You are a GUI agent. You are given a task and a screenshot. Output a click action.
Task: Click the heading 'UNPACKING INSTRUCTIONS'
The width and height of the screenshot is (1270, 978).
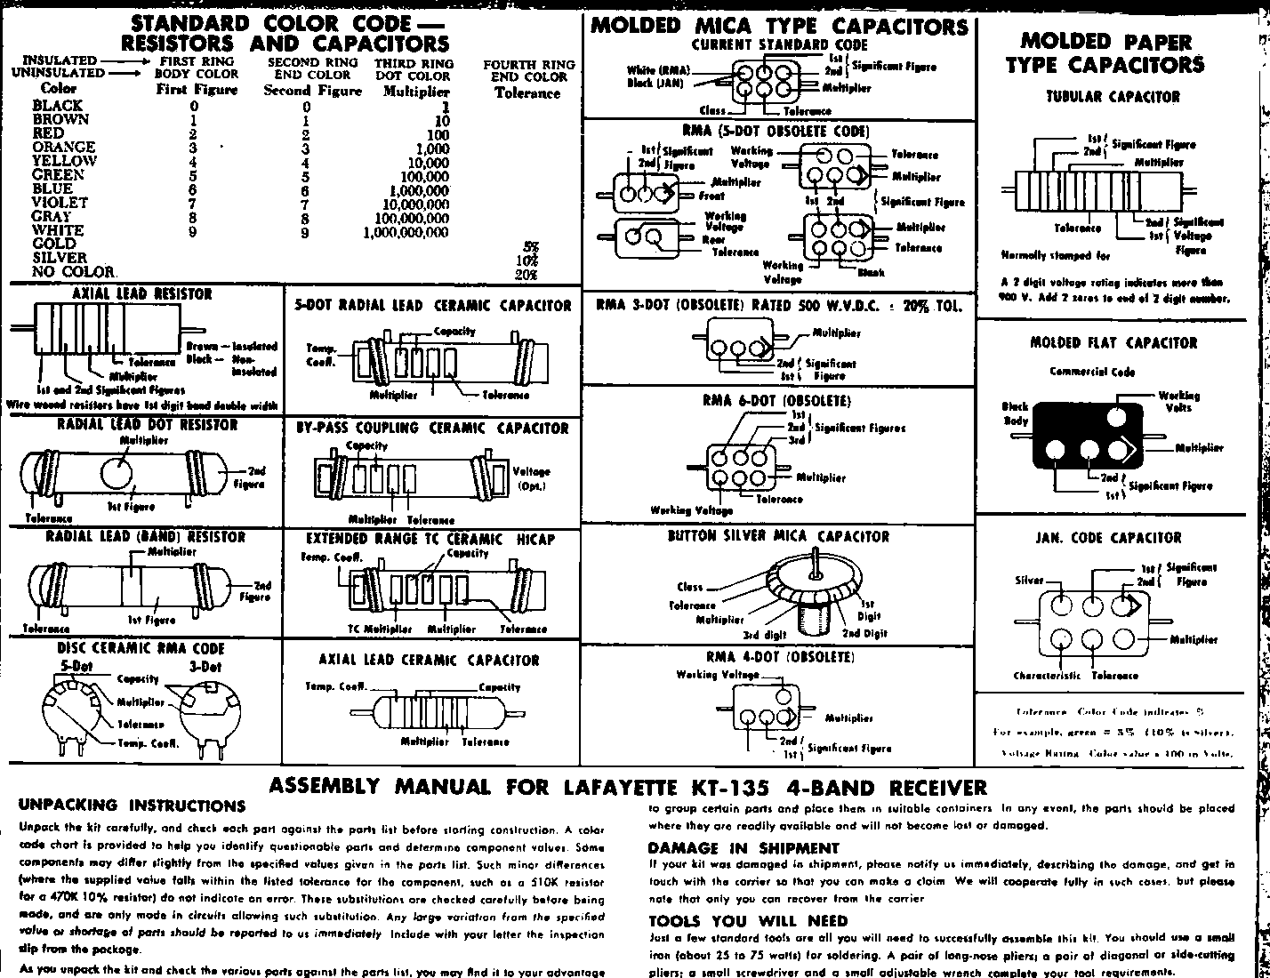(131, 806)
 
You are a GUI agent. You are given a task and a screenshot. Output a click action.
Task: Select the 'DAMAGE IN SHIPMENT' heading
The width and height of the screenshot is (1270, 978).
(743, 848)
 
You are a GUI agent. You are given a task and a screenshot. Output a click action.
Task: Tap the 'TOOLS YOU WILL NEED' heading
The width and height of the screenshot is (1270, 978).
(748, 921)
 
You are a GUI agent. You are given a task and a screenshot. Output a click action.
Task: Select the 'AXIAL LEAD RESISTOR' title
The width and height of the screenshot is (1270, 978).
(141, 294)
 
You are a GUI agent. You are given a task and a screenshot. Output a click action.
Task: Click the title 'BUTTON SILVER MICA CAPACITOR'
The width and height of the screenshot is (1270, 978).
(778, 537)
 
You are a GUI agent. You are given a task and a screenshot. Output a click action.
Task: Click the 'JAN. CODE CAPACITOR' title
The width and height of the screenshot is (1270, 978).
(1108, 539)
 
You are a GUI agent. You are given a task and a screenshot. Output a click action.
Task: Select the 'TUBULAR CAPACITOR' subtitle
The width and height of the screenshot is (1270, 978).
(1113, 97)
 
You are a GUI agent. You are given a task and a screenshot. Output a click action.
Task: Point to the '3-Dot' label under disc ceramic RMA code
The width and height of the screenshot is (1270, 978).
(205, 667)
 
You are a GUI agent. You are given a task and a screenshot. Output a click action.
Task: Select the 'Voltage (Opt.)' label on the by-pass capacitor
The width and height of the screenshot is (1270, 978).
(533, 478)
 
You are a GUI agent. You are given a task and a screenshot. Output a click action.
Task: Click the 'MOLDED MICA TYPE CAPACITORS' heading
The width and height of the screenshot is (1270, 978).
(779, 26)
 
